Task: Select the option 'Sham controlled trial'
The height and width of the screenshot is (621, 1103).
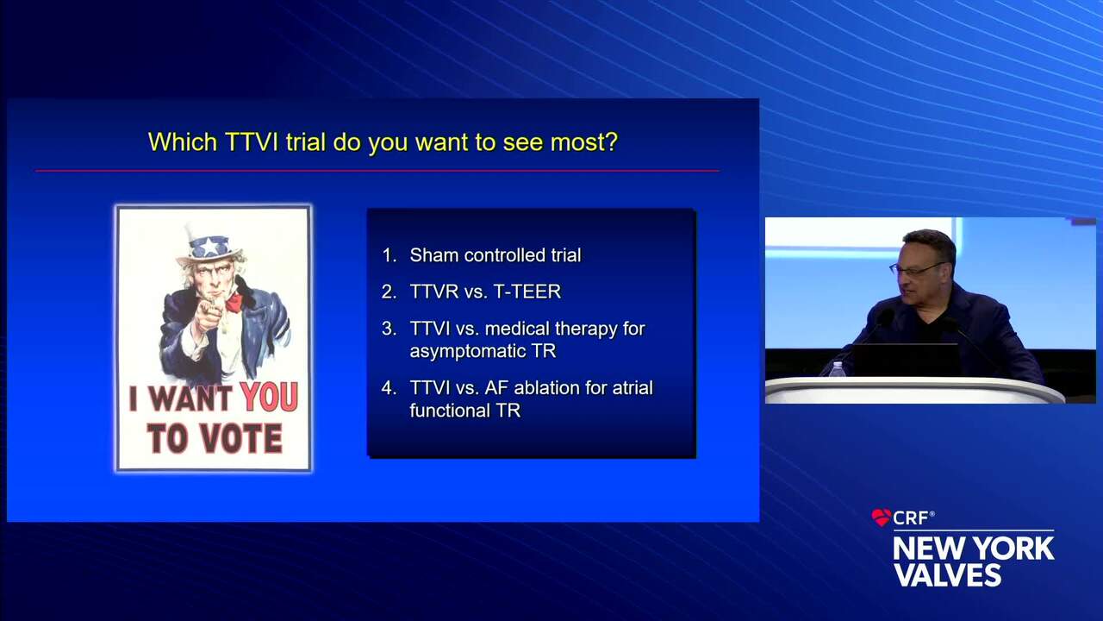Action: click(495, 255)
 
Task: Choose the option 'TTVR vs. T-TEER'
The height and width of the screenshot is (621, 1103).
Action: click(485, 292)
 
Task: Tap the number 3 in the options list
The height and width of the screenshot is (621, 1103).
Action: click(389, 329)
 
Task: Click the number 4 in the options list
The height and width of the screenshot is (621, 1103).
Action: click(389, 388)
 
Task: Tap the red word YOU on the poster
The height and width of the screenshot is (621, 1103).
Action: click(269, 398)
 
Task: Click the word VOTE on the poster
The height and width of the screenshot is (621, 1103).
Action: click(242, 438)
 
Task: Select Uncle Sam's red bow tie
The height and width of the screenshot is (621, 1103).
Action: click(234, 303)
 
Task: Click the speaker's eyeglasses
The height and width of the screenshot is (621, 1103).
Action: click(913, 270)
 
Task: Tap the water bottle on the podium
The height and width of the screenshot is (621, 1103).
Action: click(837, 369)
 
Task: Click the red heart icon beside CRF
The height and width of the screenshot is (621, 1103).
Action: click(881, 517)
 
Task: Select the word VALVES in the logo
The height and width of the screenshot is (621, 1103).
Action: click(947, 574)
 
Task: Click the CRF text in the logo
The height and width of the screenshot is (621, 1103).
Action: click(912, 517)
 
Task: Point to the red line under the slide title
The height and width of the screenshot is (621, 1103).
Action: click(377, 171)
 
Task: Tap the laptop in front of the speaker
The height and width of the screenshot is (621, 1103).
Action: click(905, 359)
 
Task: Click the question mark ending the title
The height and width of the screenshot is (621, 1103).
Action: click(611, 142)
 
